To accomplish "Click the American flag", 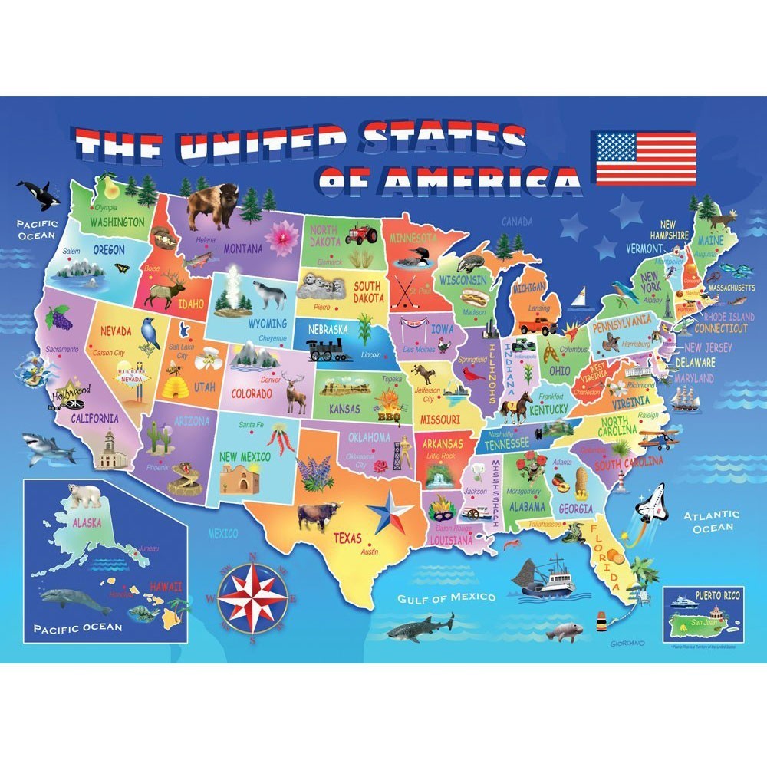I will [x=644, y=158].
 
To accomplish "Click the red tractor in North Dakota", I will [x=360, y=233].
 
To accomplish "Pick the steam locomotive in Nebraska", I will [x=329, y=350].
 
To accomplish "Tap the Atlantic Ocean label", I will [x=712, y=522].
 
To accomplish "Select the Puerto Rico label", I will [x=700, y=594].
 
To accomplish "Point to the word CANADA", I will [x=517, y=222].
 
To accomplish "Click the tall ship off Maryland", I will [x=684, y=397].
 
